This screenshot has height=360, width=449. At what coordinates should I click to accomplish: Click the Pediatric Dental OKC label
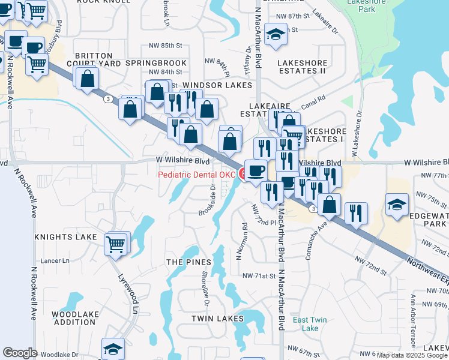click(197, 175)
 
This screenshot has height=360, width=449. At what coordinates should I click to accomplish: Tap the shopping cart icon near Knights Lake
click(116, 244)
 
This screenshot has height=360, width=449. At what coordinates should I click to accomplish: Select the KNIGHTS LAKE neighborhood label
click(65, 237)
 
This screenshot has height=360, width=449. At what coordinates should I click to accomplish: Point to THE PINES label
click(188, 262)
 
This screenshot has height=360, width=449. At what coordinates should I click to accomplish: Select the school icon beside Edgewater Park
click(397, 205)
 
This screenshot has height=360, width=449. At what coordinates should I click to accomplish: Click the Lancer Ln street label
click(55, 260)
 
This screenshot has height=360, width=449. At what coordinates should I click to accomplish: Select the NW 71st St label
click(258, 276)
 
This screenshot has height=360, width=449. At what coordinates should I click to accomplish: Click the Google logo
click(20, 352)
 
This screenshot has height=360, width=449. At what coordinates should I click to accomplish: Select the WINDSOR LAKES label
click(217, 86)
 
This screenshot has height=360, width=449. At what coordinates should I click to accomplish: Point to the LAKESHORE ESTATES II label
click(302, 67)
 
